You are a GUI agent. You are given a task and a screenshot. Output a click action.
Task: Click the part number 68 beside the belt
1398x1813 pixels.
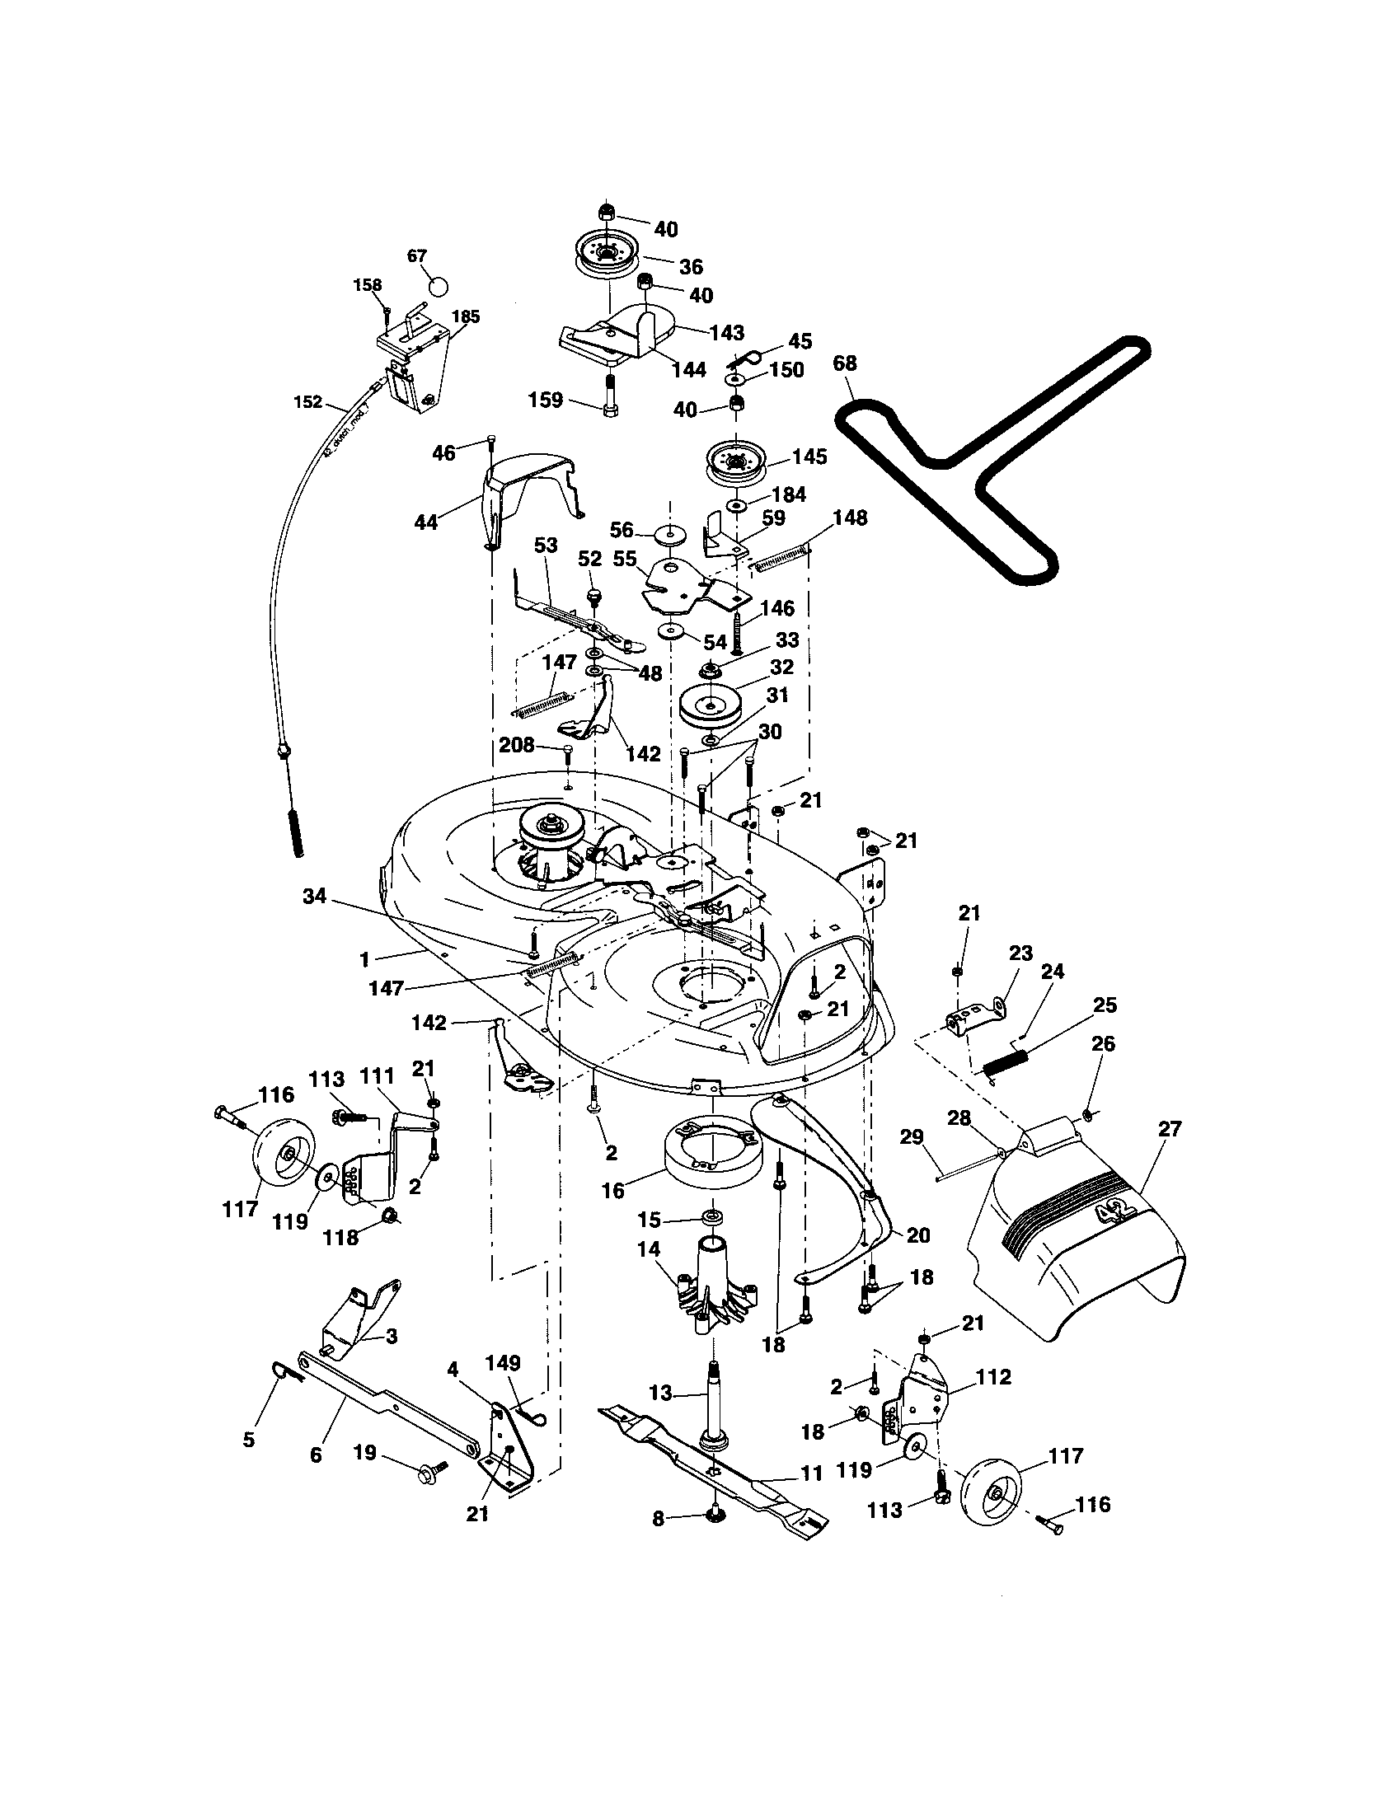845,363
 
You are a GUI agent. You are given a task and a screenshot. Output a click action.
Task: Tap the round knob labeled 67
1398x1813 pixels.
439,285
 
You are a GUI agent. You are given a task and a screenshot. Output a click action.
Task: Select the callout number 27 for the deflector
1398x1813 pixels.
1170,1128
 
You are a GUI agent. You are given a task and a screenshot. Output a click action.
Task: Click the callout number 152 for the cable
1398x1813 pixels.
307,402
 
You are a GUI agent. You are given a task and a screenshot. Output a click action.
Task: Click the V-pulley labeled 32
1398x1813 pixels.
711,705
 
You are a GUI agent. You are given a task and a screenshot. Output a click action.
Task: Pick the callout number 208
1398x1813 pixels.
516,745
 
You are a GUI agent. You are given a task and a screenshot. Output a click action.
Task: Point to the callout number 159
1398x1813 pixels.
546,401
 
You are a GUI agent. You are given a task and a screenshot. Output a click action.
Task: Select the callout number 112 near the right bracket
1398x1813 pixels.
993,1377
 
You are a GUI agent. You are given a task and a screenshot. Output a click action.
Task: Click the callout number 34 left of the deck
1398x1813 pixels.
314,896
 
